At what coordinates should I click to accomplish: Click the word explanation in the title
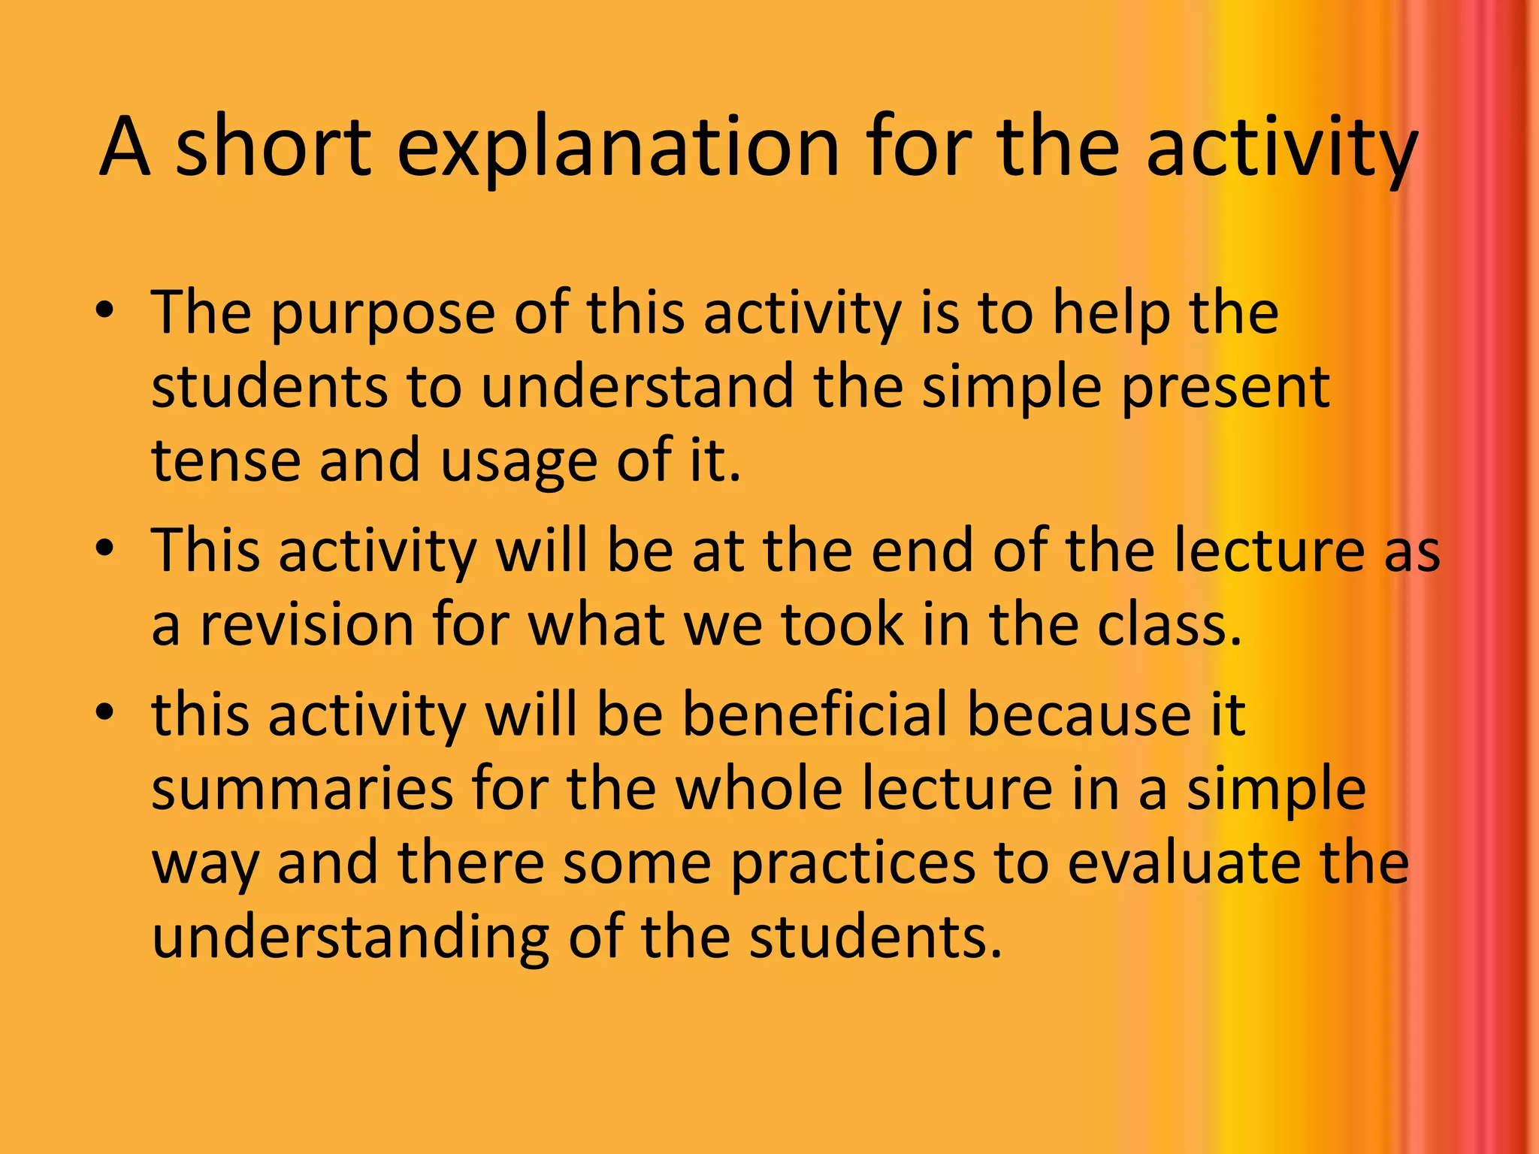pos(617,149)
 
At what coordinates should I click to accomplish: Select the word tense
pos(225,461)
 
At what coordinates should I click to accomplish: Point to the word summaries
pos(302,789)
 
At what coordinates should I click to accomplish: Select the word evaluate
pos(1183,862)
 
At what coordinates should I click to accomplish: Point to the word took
pos(842,625)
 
